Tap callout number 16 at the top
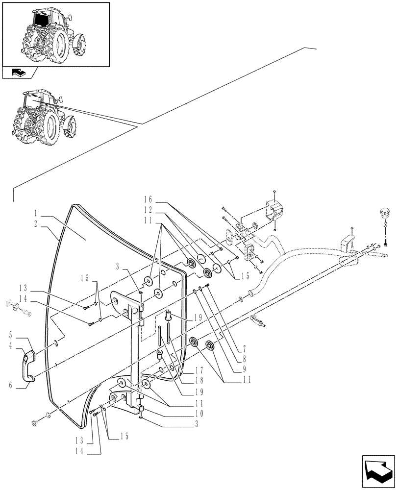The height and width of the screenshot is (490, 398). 148,200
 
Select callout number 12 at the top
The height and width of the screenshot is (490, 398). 148,209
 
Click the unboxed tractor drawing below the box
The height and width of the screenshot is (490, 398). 45,118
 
